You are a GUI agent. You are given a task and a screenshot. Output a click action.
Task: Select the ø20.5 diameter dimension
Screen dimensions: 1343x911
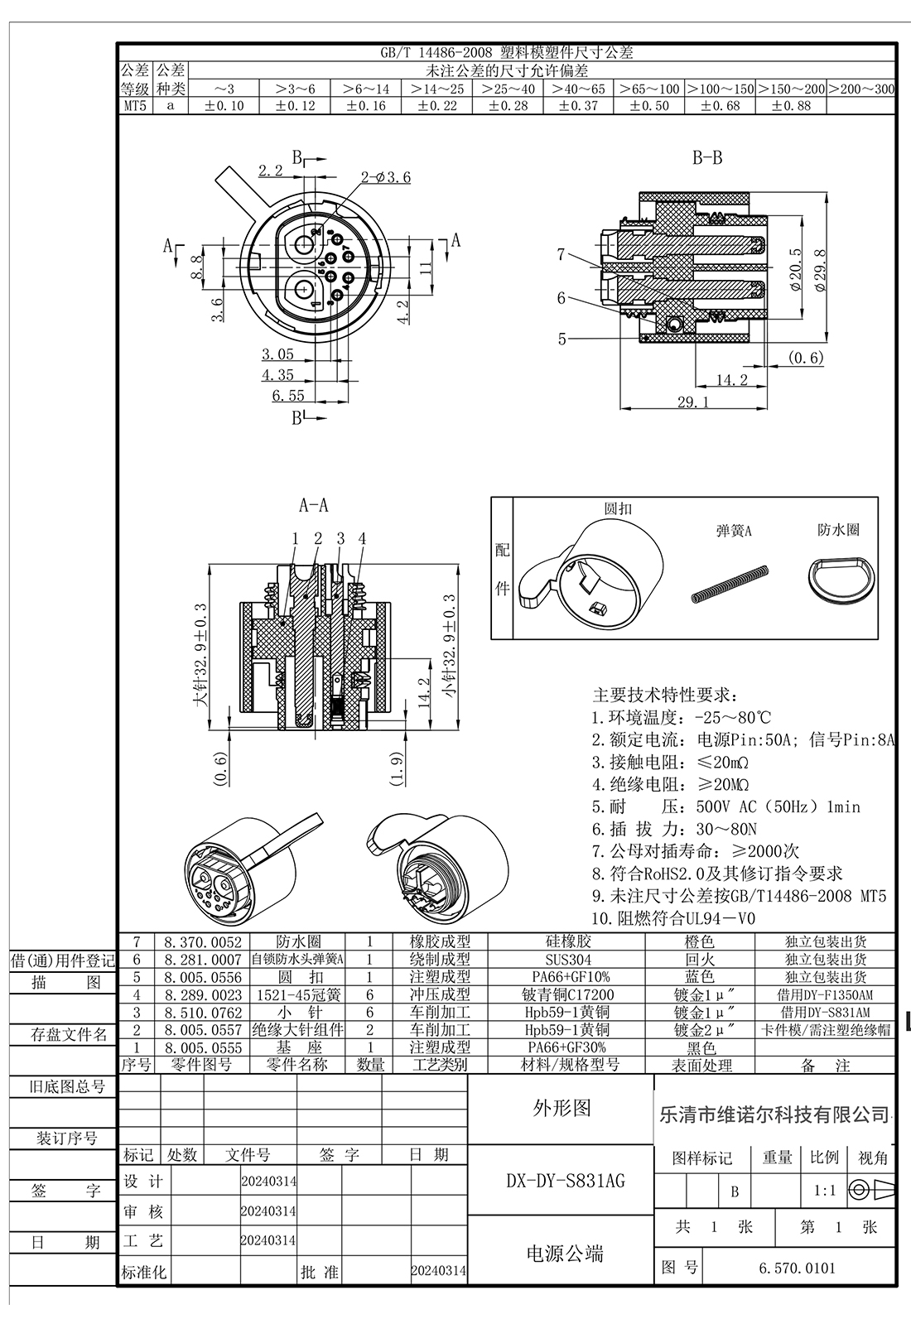[x=796, y=268]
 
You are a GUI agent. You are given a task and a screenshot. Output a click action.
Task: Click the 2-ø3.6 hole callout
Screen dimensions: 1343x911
[x=385, y=177]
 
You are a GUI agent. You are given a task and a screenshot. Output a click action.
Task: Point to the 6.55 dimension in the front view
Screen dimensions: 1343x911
[x=287, y=396]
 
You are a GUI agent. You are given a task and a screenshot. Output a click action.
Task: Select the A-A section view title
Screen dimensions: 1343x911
[x=313, y=505]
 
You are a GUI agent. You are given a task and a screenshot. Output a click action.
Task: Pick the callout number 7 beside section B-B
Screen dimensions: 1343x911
[x=562, y=255]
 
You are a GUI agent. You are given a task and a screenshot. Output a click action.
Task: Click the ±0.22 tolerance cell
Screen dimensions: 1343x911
[x=436, y=106]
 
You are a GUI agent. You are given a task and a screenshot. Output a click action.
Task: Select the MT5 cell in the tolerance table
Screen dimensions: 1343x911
[x=135, y=106]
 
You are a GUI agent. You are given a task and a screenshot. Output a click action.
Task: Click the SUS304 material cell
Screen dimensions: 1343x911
[x=568, y=960]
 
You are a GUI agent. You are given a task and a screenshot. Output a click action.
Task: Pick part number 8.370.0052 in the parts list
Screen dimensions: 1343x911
[x=203, y=941]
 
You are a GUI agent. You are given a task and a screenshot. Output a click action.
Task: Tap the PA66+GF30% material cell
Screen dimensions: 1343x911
[x=568, y=1047]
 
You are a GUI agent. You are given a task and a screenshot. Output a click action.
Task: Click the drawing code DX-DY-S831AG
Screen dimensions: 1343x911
[x=566, y=1181]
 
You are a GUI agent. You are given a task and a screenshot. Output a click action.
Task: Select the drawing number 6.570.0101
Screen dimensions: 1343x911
[x=797, y=1268]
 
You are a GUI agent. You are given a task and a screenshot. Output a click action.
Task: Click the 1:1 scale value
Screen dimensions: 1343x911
[x=824, y=1191]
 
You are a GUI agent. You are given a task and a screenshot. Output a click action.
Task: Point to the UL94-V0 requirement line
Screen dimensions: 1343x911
[x=674, y=918]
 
